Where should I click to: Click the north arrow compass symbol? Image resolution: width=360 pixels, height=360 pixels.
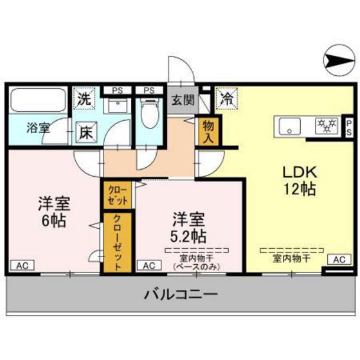[337, 62]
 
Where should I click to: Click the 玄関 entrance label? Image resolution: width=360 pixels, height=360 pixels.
[182, 100]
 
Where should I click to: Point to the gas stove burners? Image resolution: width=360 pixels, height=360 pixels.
[327, 125]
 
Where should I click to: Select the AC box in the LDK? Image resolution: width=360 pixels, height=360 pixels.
[339, 259]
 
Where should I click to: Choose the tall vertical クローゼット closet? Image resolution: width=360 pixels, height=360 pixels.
[118, 242]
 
